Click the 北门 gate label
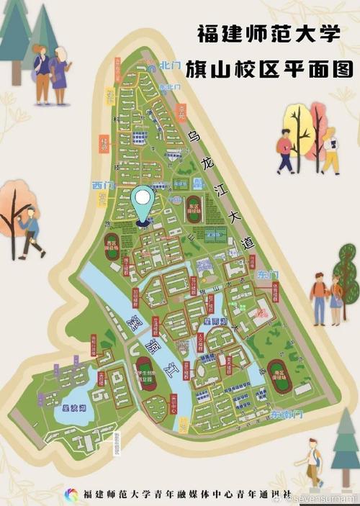(x=171, y=65)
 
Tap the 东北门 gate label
(x=168, y=87)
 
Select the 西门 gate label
(x=103, y=185)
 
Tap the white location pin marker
(x=144, y=202)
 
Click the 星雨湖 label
(x=217, y=321)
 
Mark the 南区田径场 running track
(x=282, y=380)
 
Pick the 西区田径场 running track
(x=112, y=247)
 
